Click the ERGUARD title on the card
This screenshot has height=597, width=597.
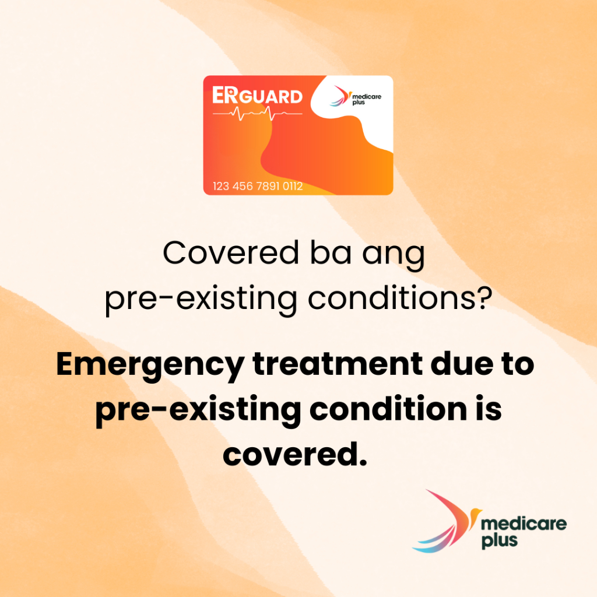pyautogui.click(x=257, y=95)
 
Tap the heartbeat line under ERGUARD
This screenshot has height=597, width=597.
pyautogui.click(x=257, y=113)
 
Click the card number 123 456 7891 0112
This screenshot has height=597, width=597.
pyautogui.click(x=258, y=186)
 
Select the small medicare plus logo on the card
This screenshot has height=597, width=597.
pyautogui.click(x=355, y=96)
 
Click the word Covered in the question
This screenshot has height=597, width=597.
pyautogui.click(x=231, y=252)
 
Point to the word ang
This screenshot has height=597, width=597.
pyautogui.click(x=394, y=257)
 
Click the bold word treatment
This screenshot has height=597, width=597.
pyautogui.click(x=338, y=364)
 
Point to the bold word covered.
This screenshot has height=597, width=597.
pyautogui.click(x=295, y=454)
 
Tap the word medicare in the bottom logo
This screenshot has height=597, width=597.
pyautogui.click(x=524, y=524)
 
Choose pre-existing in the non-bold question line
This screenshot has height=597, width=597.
pyautogui.click(x=201, y=299)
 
